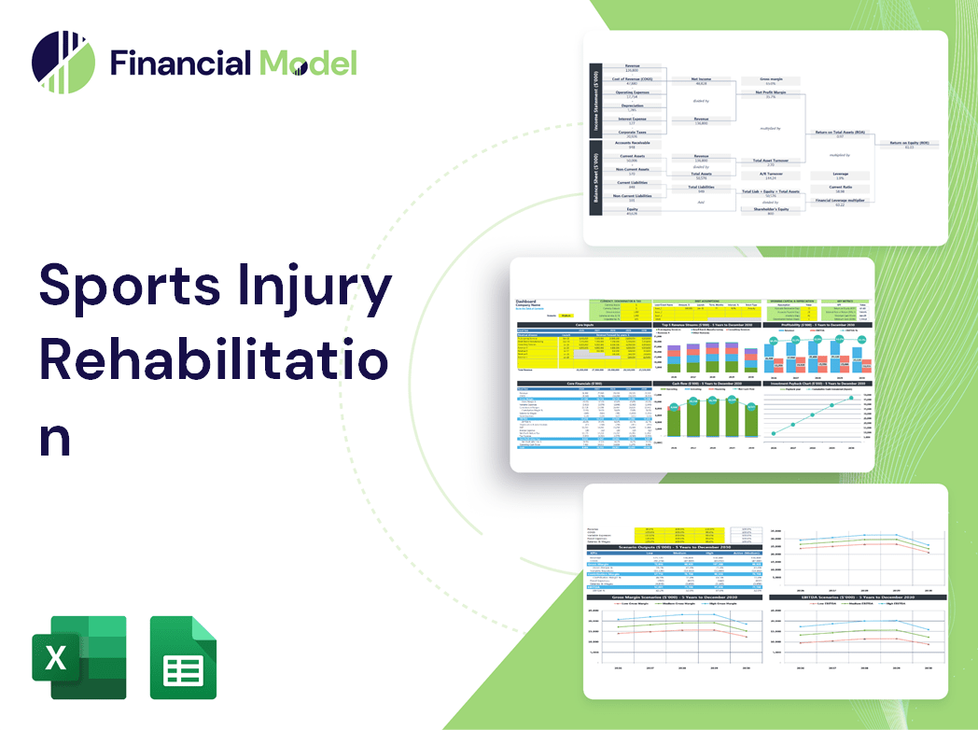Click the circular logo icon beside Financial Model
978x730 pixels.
pos(63,63)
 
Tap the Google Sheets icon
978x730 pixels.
pos(184,657)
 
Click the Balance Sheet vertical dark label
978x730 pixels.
pos(594,182)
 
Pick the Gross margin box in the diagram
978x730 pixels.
pos(770,82)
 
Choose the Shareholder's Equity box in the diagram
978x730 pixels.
pos(770,210)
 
